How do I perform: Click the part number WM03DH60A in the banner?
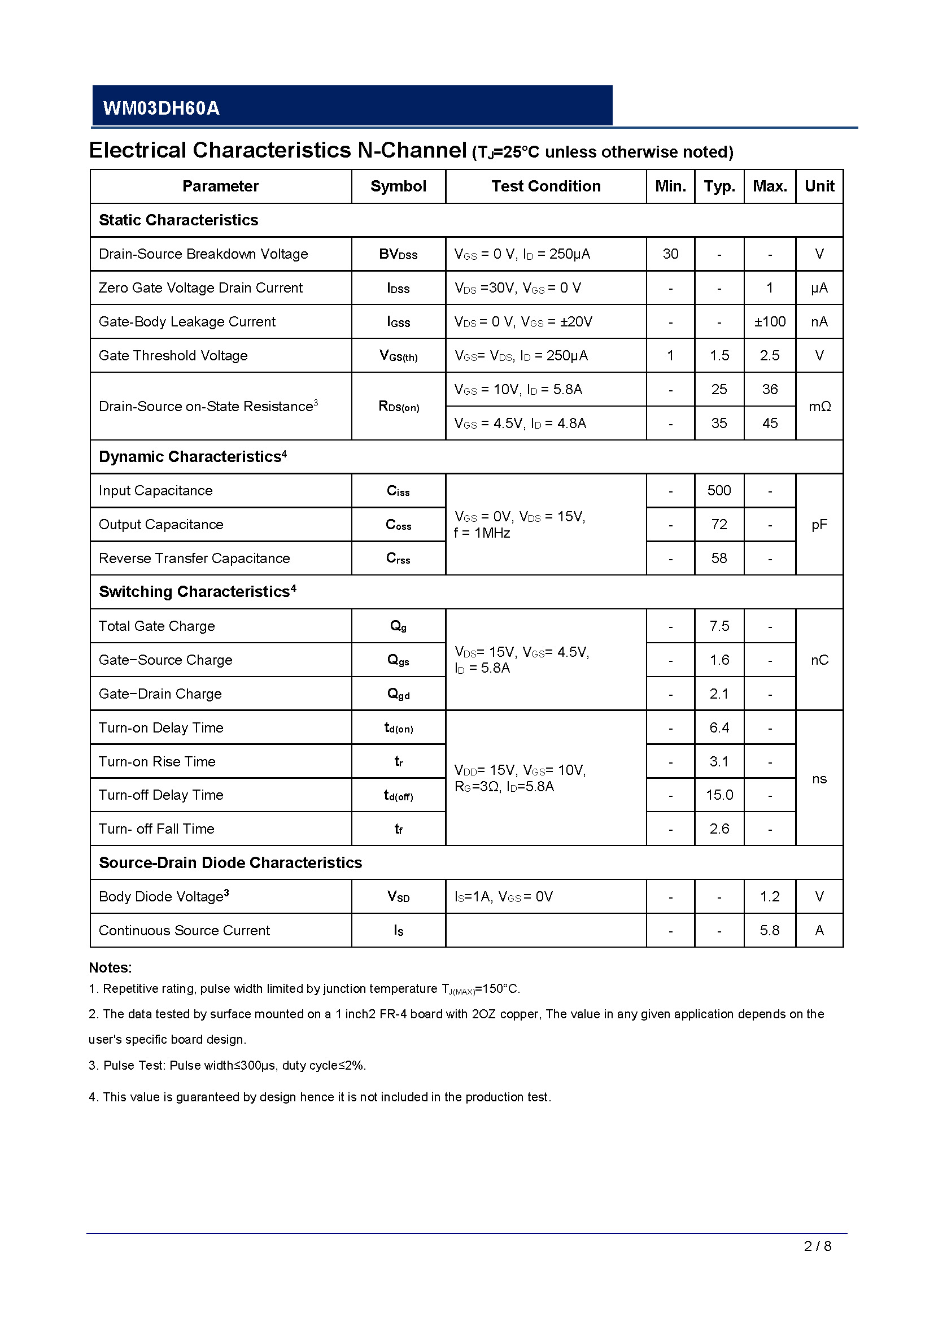pyautogui.click(x=161, y=108)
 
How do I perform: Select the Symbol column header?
pyautogui.click(x=398, y=186)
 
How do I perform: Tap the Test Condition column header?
pyautogui.click(x=546, y=186)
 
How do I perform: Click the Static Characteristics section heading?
pyautogui.click(x=178, y=220)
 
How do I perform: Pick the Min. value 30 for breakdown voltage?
pyautogui.click(x=670, y=254)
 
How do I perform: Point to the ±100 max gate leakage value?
pyautogui.click(x=770, y=321)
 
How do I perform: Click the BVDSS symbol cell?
pyautogui.click(x=398, y=254)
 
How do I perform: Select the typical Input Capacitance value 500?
pyautogui.click(x=719, y=491)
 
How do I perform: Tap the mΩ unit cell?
pyautogui.click(x=819, y=407)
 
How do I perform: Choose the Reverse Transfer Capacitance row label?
pyautogui.click(x=194, y=559)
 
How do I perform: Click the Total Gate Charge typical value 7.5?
pyautogui.click(x=719, y=626)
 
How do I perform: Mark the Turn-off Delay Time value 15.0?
pyautogui.click(x=719, y=795)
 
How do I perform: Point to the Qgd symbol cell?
pyautogui.click(x=398, y=694)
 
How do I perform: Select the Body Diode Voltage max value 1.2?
pyautogui.click(x=770, y=897)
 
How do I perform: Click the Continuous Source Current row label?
pyautogui.click(x=184, y=931)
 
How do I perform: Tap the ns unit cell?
pyautogui.click(x=819, y=779)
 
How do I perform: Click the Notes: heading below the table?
pyautogui.click(x=111, y=968)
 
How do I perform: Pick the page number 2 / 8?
pyautogui.click(x=817, y=1246)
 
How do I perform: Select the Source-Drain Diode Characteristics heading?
pyautogui.click(x=230, y=863)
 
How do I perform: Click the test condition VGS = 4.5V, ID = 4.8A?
pyautogui.click(x=520, y=424)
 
